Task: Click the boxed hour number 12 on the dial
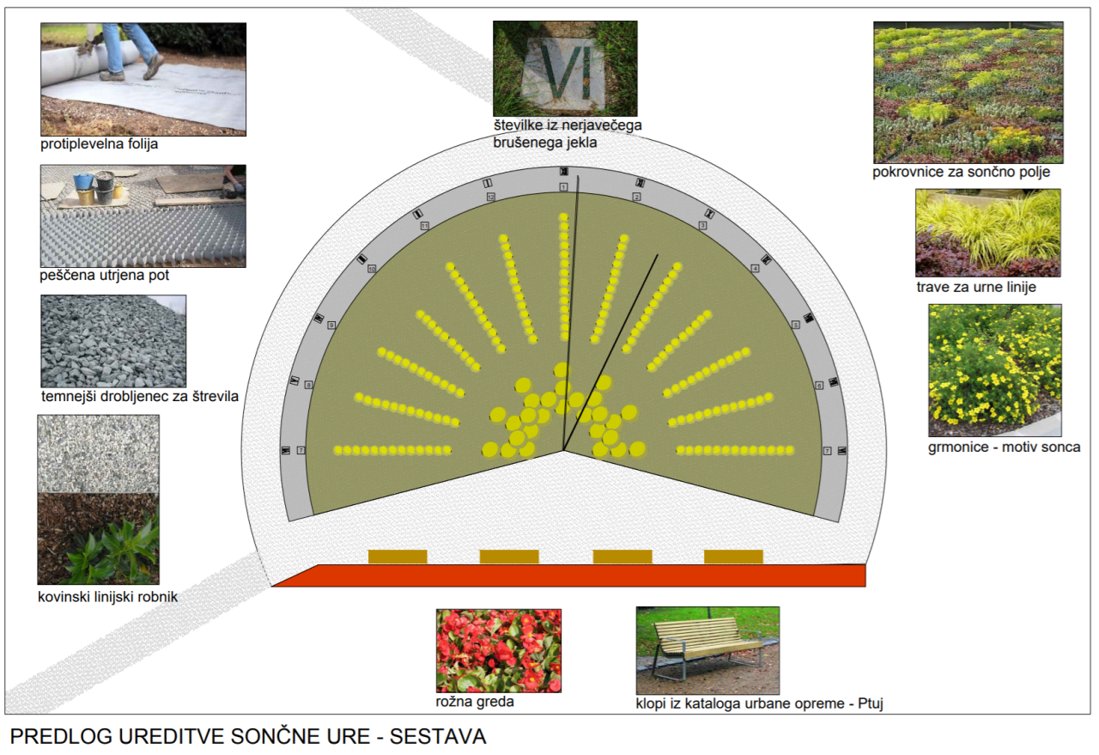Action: pos(491,197)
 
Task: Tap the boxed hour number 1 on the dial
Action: pos(563,186)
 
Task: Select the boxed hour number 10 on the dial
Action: pos(372,269)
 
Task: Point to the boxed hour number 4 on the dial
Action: pos(756,269)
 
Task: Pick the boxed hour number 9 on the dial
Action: pos(331,325)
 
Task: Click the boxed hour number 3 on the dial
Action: pos(702,225)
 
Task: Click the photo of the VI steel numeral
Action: pos(565,69)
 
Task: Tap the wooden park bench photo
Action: pos(707,650)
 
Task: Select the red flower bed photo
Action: pos(498,650)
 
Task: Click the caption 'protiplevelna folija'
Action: pos(100,144)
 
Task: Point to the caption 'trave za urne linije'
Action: pos(976,287)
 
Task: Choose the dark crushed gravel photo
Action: pos(113,341)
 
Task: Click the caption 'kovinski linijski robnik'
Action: pos(108,596)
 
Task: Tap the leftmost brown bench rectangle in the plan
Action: pos(398,557)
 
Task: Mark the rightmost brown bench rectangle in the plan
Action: pos(733,557)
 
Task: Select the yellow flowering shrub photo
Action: pos(995,370)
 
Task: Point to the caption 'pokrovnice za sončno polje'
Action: pos(962,172)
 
